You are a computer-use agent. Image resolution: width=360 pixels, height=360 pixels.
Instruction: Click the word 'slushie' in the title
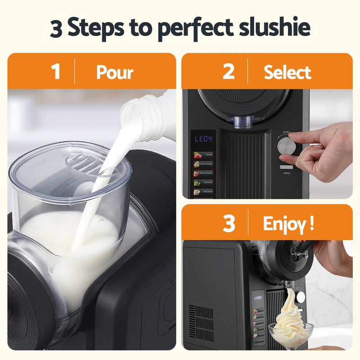[272, 28]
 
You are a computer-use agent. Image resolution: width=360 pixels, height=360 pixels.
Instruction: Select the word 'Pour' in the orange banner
[115, 72]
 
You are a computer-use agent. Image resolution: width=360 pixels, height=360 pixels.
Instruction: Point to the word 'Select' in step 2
[288, 72]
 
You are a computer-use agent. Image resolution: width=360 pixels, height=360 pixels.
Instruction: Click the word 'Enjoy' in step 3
[282, 224]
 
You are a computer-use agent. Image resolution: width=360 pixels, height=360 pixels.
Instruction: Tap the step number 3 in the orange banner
[229, 224]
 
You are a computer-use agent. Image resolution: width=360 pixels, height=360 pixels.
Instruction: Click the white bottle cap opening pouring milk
[135, 112]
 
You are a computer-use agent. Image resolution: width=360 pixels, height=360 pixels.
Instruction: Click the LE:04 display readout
[203, 139]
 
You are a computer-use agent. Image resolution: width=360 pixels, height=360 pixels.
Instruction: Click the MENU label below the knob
[287, 173]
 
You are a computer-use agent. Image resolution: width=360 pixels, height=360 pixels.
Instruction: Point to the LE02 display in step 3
[258, 297]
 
